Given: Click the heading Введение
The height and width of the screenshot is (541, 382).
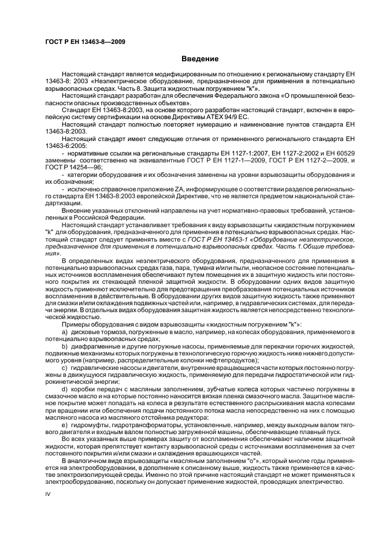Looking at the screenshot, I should click(x=200, y=58).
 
